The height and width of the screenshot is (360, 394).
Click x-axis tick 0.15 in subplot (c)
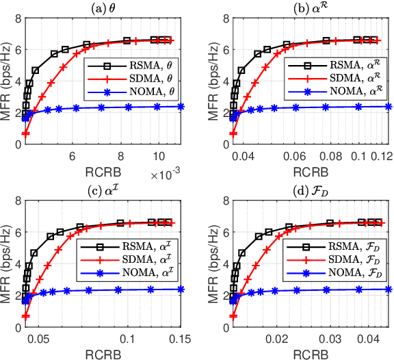179,338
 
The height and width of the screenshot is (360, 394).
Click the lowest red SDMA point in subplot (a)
26,133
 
